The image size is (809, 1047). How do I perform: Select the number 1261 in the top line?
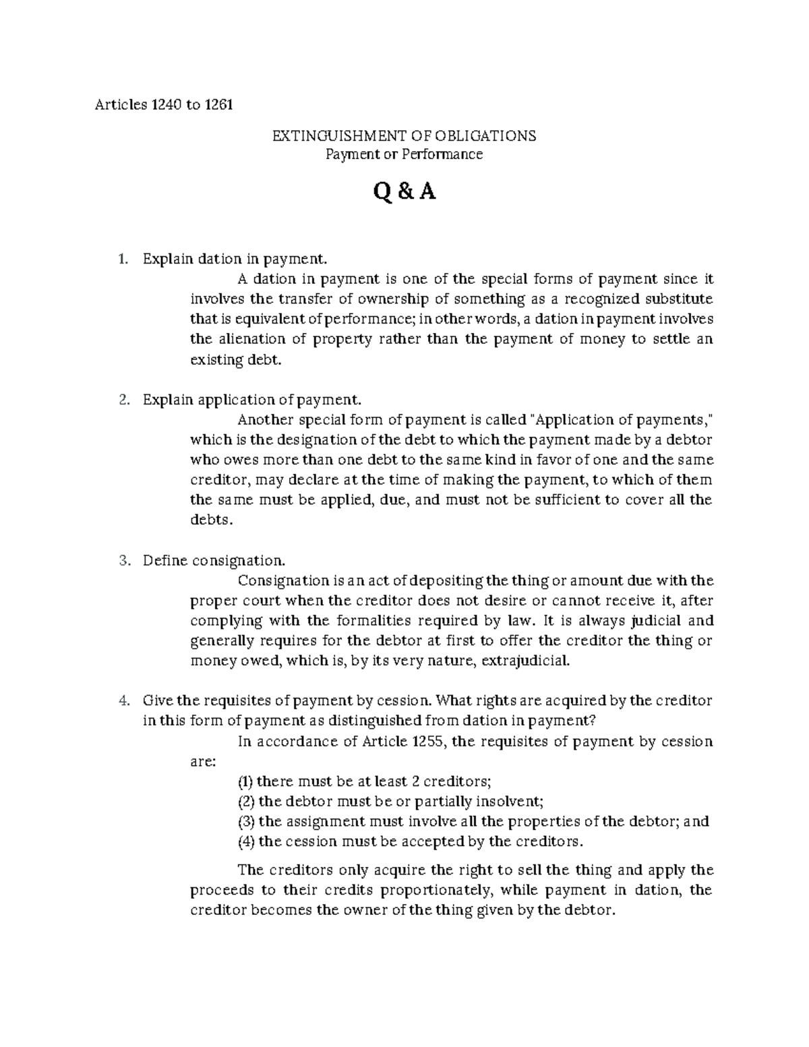point(216,105)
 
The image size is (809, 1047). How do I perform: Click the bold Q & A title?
point(404,193)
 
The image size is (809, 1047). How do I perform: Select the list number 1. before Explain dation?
point(122,259)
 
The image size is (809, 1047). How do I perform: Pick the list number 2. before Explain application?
point(122,400)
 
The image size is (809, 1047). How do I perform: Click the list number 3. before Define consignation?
point(122,561)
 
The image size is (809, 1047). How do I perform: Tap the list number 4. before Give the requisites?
point(122,700)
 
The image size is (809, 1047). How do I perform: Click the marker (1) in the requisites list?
point(245,781)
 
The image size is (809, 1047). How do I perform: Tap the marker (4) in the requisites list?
point(245,841)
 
